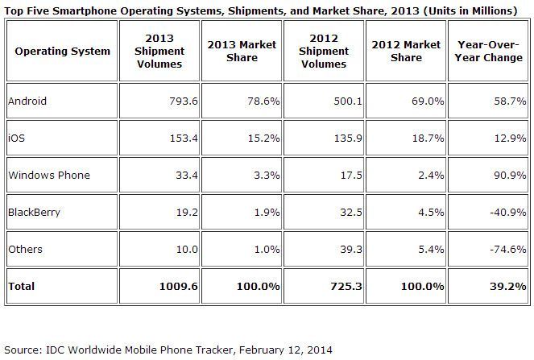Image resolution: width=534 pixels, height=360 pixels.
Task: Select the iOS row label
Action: coord(15,139)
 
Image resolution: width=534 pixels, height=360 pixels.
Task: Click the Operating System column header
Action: coord(62,52)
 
